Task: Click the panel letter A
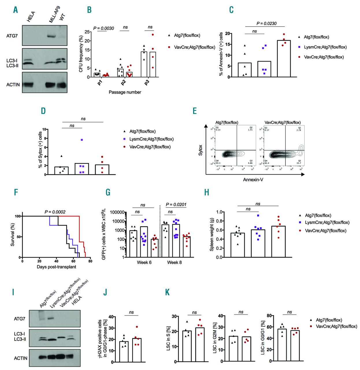(16, 10)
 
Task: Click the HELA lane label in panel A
(31, 16)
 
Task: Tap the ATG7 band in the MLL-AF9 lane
(51, 36)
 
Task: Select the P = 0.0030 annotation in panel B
(103, 28)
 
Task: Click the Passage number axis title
(125, 92)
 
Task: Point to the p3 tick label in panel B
(147, 83)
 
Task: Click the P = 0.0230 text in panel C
(266, 23)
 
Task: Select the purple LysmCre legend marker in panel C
(299, 47)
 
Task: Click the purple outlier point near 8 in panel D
(82, 140)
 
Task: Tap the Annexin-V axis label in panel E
(253, 180)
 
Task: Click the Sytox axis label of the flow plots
(200, 150)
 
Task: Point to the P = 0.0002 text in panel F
(55, 212)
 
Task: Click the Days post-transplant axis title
(56, 267)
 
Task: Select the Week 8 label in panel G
(175, 262)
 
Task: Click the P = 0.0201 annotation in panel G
(176, 205)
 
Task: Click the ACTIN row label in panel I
(21, 358)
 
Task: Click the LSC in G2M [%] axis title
(215, 339)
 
